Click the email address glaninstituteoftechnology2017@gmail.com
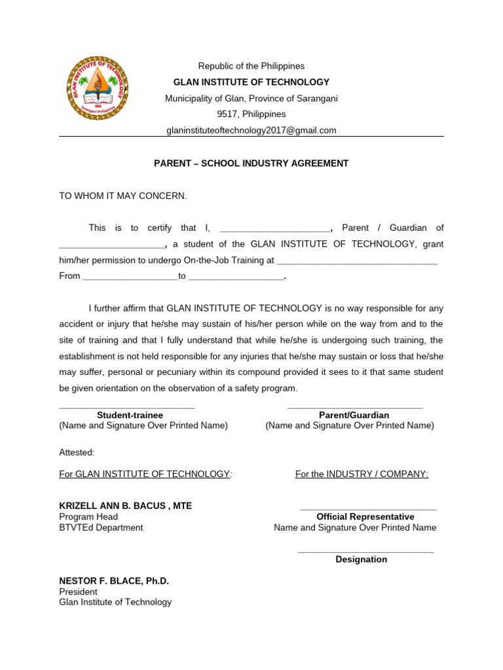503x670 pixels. pyautogui.click(x=251, y=130)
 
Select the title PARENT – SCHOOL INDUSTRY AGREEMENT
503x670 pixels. pyautogui.click(x=251, y=164)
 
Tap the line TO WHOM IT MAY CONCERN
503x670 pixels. pyautogui.click(x=123, y=196)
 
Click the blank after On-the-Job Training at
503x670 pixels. pyautogui.click(x=357, y=260)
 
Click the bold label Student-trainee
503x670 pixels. pyautogui.click(x=130, y=415)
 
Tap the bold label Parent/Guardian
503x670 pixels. pyautogui.click(x=354, y=415)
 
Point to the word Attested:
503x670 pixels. pyautogui.click(x=77, y=452)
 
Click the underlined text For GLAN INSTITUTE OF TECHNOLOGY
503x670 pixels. pyautogui.click(x=145, y=474)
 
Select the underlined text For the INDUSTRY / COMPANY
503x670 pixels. pyautogui.click(x=362, y=474)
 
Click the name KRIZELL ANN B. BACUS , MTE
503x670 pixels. pyautogui.click(x=126, y=506)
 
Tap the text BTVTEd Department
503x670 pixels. pyautogui.click(x=101, y=527)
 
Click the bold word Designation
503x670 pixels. pyautogui.click(x=361, y=559)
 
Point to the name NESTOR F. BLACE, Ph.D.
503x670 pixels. pyautogui.click(x=114, y=581)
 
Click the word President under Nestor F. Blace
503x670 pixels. pyautogui.click(x=78, y=591)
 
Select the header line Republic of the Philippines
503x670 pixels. pyautogui.click(x=251, y=66)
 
